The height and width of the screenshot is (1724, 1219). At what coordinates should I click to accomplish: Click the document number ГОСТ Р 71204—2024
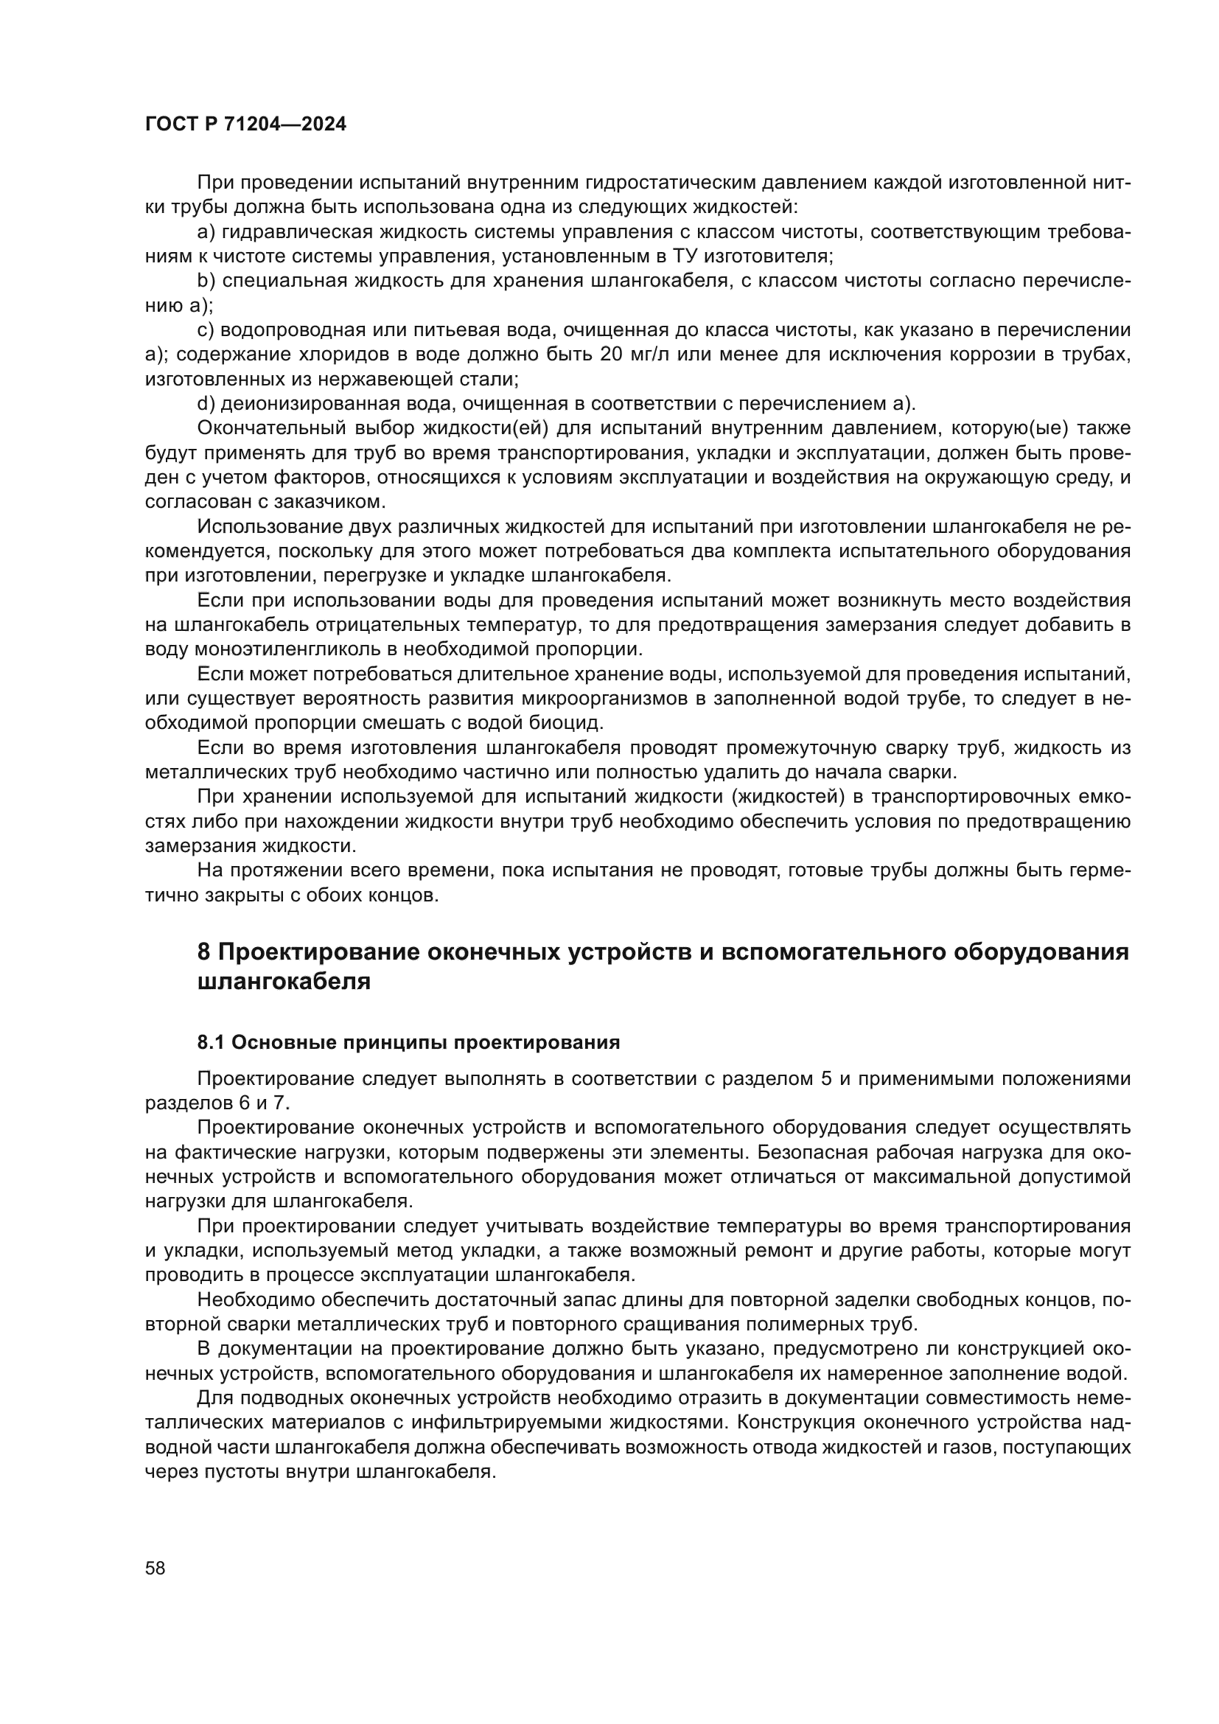[x=245, y=125]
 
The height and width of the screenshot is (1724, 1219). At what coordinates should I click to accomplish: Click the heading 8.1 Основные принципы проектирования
[x=408, y=1042]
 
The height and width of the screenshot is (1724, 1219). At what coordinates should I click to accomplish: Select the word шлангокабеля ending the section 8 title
[x=284, y=981]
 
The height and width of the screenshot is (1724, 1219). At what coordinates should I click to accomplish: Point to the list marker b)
[x=206, y=281]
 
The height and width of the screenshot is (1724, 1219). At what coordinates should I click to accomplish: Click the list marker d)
[x=206, y=404]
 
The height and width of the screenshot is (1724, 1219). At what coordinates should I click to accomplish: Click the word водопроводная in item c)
[x=294, y=330]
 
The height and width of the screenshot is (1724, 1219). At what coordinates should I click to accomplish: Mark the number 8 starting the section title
[x=203, y=952]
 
